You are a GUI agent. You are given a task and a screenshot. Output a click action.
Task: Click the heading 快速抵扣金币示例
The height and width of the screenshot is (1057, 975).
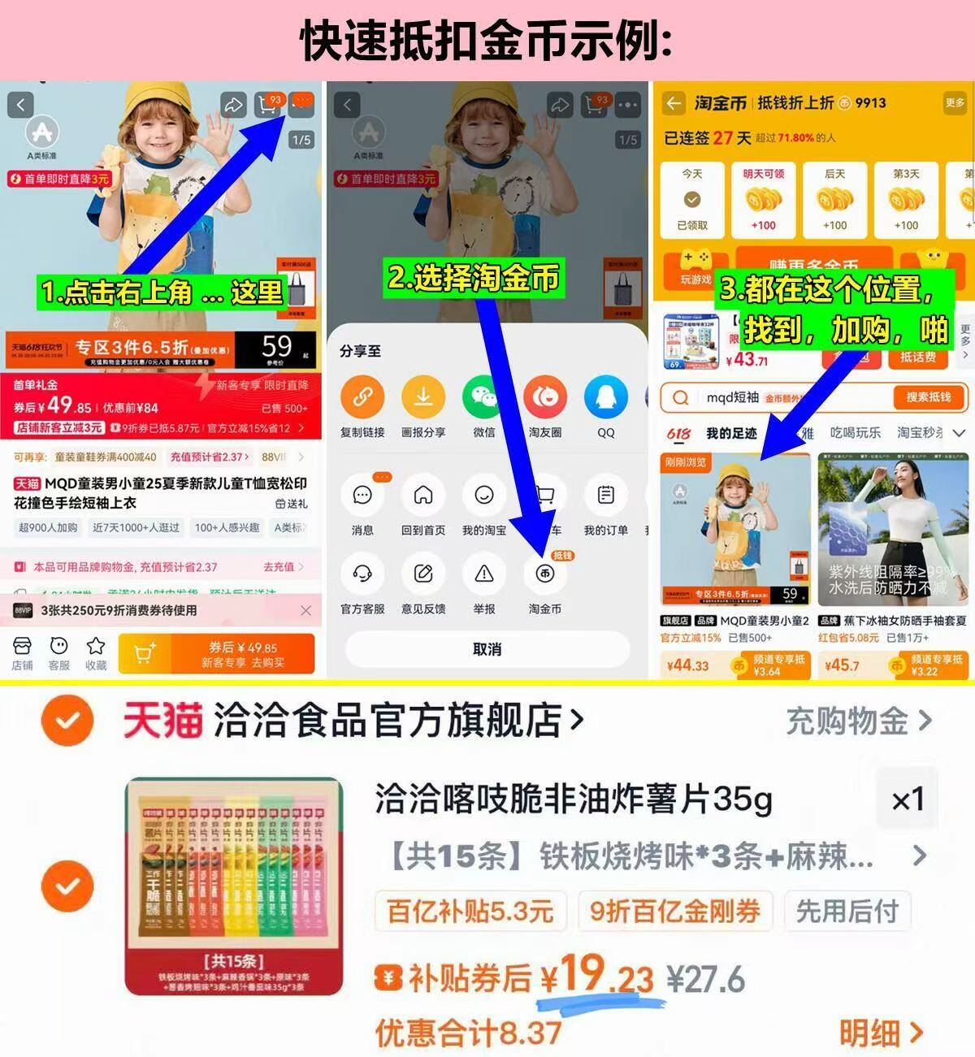[486, 41]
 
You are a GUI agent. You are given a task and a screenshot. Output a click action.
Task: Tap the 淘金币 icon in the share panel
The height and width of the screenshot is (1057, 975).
[544, 574]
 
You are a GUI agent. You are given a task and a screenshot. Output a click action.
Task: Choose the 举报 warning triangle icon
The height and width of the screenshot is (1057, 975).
[484, 574]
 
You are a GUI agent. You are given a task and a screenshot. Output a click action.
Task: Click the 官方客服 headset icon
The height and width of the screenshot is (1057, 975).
[362, 574]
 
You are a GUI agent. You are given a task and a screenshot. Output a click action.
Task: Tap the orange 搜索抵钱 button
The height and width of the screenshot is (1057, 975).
[928, 397]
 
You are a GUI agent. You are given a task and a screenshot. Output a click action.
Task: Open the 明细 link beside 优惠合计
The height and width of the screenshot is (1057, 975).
[881, 1033]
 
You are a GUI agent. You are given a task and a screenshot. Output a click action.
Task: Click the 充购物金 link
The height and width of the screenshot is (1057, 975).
[858, 721]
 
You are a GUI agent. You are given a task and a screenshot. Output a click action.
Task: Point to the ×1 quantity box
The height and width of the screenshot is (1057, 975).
[907, 799]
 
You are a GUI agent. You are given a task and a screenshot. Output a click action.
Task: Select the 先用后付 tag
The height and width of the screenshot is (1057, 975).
[847, 911]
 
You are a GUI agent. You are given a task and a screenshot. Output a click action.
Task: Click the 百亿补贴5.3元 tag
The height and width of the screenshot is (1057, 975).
[470, 911]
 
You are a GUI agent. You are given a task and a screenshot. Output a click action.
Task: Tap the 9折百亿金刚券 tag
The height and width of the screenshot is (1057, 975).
[674, 911]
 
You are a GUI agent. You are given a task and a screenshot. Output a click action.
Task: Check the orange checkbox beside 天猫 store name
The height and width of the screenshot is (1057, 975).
[68, 720]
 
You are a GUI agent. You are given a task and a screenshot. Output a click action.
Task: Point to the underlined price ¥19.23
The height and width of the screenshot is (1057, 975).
[597, 975]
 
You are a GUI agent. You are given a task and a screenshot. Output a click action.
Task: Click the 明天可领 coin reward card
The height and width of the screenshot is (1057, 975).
[763, 199]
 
